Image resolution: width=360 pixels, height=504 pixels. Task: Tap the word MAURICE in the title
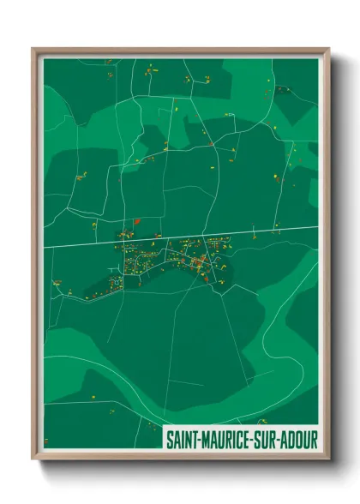coord(225,441)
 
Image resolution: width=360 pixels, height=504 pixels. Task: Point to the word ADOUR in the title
coord(299,441)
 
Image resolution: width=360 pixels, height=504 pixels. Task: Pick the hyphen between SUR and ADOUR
coord(279,441)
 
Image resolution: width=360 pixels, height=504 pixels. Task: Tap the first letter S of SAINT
coord(169,441)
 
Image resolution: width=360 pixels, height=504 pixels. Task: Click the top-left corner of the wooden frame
coord(33,49)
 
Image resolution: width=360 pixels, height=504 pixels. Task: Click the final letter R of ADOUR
coord(314,441)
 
